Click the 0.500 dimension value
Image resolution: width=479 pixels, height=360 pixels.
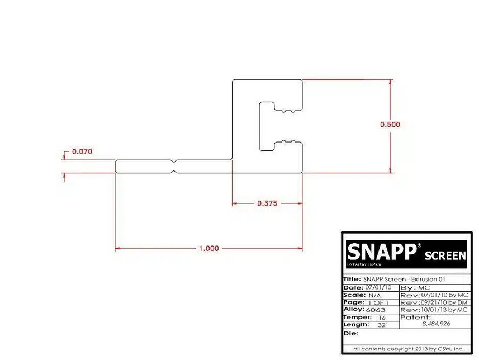tap(390, 125)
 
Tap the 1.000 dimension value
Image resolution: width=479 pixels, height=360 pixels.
tap(208, 248)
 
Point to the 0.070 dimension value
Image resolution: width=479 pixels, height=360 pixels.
tap(82, 151)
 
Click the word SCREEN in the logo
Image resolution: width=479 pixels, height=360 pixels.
tap(445, 255)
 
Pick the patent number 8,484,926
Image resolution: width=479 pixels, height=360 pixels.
tap(436, 323)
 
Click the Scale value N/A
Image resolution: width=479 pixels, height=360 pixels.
tap(373, 295)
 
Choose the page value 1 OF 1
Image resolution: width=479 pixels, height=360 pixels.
tap(378, 302)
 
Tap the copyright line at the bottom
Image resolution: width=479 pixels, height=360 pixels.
tap(408, 349)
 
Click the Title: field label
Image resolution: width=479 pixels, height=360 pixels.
tap(352, 279)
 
